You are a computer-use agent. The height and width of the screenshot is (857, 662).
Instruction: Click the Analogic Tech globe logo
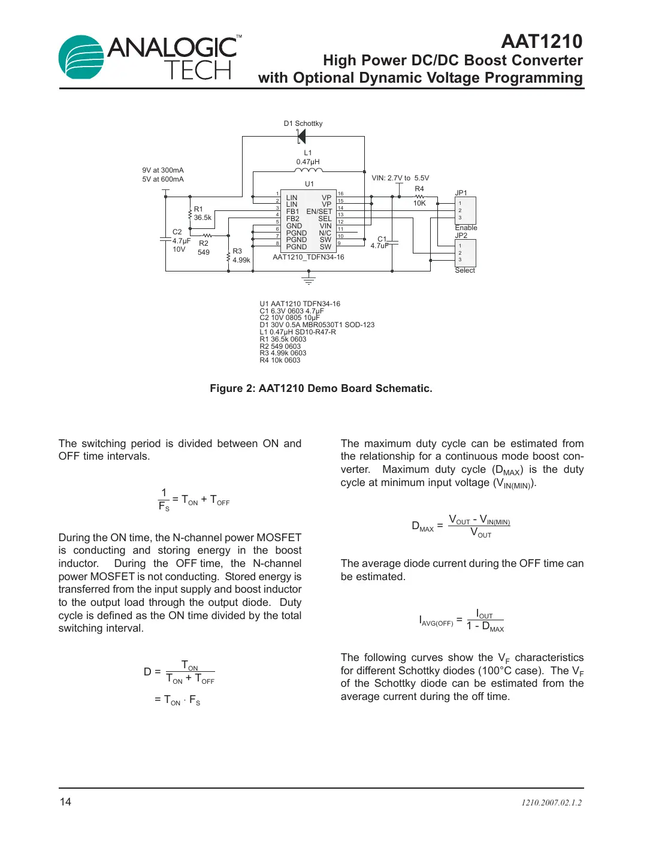pos(81,57)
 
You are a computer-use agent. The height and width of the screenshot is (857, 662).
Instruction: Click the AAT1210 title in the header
pos(541,41)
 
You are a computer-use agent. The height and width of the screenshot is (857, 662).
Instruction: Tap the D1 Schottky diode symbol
pos(301,137)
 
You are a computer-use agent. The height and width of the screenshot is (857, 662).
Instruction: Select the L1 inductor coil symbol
pos(308,170)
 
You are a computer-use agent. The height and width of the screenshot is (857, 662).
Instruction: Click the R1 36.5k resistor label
pos(202,214)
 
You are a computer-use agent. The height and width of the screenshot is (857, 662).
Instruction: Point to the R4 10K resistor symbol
pos(419,197)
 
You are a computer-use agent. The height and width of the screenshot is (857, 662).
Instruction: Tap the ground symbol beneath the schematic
pos(309,279)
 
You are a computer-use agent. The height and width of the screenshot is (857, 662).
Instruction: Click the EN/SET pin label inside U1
pos(319,212)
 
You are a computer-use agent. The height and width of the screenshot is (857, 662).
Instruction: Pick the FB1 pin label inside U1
pos(292,212)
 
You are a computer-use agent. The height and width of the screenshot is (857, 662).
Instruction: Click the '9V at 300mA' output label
pos(163,170)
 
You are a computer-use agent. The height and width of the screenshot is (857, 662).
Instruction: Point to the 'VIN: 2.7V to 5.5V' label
pos(400,178)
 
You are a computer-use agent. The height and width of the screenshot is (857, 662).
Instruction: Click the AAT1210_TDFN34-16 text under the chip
pos(309,257)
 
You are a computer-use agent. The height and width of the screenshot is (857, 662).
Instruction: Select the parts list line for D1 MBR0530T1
pos(317,325)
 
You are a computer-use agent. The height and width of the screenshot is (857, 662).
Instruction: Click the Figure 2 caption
pos(321,388)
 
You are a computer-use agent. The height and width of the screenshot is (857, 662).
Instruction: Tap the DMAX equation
pos(461,526)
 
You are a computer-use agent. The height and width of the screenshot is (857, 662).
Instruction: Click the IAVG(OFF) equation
pos(461,621)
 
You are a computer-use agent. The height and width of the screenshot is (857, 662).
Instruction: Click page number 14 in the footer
pos(65,802)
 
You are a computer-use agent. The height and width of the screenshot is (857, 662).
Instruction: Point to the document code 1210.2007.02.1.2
pos(551,802)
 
